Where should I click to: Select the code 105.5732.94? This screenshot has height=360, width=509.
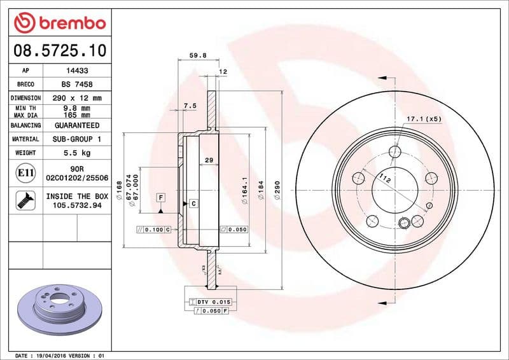(x=77, y=206)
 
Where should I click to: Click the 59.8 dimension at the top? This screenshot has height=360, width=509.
(x=197, y=55)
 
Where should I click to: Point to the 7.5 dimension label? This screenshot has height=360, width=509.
(x=190, y=105)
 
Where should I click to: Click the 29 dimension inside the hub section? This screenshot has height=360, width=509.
(x=209, y=160)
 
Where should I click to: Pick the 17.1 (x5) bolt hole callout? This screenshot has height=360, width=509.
(x=424, y=119)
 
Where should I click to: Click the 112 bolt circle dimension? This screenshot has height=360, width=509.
(x=384, y=179)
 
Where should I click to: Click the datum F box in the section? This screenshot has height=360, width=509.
(x=161, y=198)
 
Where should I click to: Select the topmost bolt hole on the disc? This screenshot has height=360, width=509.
(x=395, y=151)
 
